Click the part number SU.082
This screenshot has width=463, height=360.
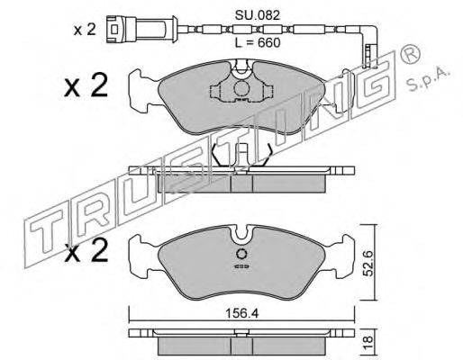[257, 15]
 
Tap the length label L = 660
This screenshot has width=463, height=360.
[257, 43]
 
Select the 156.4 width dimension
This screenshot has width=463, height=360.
[241, 314]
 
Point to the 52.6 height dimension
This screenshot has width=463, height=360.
[368, 264]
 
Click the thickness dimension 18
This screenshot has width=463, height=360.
[368, 339]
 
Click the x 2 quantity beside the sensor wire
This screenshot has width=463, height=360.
[85, 30]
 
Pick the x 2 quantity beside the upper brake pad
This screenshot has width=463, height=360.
[86, 85]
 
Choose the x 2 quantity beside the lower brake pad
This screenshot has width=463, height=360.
[86, 251]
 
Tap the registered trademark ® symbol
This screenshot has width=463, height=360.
[409, 54]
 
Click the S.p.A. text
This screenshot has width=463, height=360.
[428, 78]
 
